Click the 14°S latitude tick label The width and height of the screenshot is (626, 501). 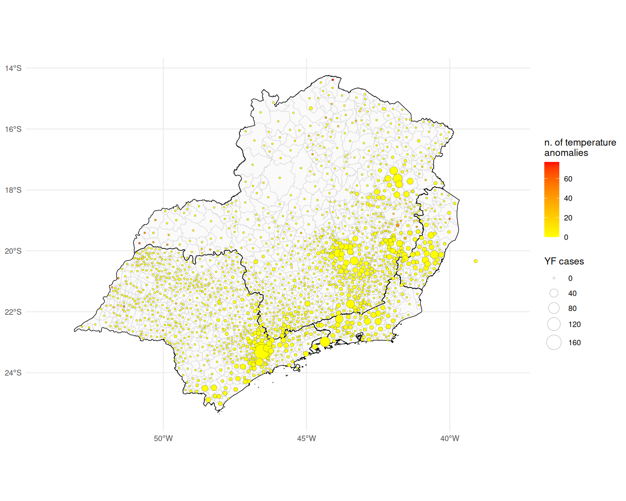pos(13,68)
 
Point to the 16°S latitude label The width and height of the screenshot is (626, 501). pos(13,129)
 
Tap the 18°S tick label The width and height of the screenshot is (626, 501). pos(13,190)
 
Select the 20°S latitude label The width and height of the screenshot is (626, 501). pos(13,251)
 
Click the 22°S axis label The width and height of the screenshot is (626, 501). pos(13,312)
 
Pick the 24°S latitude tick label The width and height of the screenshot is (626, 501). pos(13,373)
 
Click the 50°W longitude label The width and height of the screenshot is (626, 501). pos(163,438)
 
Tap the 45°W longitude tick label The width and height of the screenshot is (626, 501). pos(306,438)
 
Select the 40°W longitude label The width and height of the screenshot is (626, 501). pos(450,438)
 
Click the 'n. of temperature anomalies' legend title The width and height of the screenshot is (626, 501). pos(580,147)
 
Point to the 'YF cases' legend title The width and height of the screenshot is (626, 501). pos(564,261)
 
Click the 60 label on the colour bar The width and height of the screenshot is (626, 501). pos(568,179)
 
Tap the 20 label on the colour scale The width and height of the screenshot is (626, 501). pos(568,218)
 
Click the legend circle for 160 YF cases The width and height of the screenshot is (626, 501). pos(554,342)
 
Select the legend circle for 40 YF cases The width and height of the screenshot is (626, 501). pos(554,293)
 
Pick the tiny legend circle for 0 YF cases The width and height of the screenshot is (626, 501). pos(554,278)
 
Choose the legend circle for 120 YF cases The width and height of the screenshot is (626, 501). pos(554,324)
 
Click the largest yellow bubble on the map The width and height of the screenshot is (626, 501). pos(262,352)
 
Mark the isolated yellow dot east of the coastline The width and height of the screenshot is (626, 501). pos(475,261)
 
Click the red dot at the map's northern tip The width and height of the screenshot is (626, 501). pos(333,79)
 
